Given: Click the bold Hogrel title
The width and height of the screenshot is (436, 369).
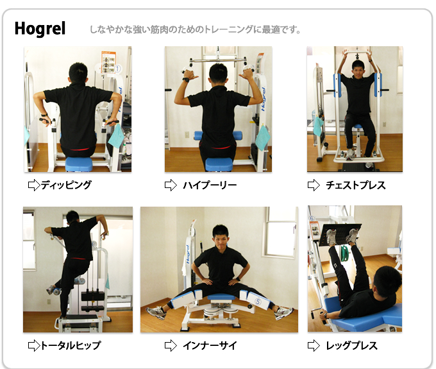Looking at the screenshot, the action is (40, 28).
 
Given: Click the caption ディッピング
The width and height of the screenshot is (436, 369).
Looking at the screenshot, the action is (66, 185).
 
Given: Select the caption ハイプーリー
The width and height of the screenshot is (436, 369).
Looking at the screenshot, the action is (210, 185).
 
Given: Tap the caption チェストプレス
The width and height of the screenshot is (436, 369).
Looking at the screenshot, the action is (356, 185).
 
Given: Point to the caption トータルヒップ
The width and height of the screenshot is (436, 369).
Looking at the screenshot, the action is (71, 346).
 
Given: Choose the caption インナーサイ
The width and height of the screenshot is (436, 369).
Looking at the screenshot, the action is (210, 346).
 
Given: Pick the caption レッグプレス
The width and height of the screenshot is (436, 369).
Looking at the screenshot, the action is (352, 346).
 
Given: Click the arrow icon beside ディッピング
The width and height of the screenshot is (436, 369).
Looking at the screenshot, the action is (34, 185).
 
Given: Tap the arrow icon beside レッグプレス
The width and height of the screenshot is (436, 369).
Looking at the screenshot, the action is (314, 346).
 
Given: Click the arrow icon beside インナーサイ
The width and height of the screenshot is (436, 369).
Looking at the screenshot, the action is (171, 346).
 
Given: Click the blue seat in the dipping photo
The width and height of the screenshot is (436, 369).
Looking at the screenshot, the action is (79, 164).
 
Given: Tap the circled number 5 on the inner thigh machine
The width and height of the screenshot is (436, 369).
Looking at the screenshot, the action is (258, 302).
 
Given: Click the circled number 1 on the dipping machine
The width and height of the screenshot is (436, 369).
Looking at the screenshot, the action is (117, 69).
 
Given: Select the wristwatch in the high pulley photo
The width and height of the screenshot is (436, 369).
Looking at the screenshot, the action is (186, 80).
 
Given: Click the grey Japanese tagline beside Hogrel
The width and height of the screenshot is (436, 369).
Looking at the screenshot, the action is (195, 30).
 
